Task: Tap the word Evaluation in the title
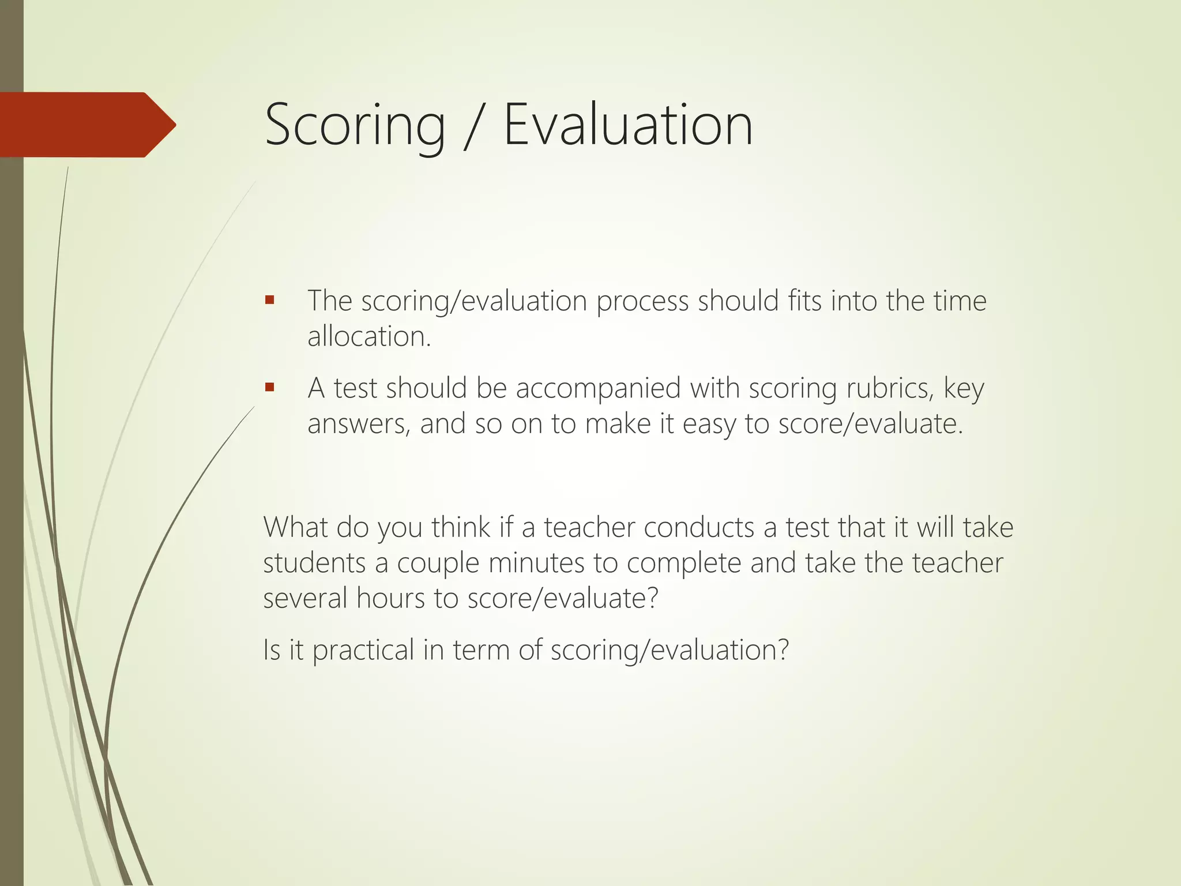[x=627, y=125]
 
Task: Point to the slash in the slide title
[x=473, y=126]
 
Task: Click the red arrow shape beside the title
[x=86, y=125]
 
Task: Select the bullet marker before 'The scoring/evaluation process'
[x=269, y=300]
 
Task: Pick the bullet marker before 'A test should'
[x=269, y=387]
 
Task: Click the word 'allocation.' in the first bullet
[x=369, y=336]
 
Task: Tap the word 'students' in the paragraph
[x=314, y=563]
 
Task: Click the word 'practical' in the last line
[x=363, y=651]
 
